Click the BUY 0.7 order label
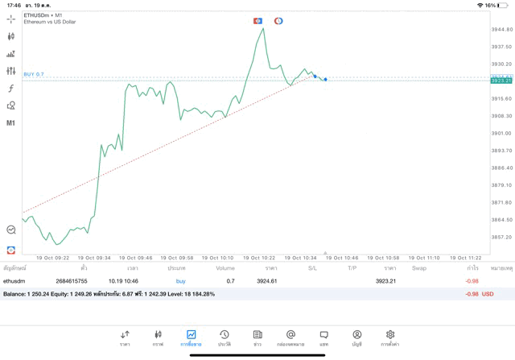click(34, 74)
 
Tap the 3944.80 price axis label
click(501, 29)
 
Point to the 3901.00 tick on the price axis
click(501, 133)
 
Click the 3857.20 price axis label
click(501, 237)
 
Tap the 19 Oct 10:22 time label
click(261, 258)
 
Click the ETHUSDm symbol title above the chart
click(42, 15)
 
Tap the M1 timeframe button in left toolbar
click(11, 123)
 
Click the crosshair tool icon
click(11, 19)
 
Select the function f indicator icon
click(11, 88)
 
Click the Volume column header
click(225, 267)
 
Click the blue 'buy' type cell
click(180, 281)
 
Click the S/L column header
click(312, 267)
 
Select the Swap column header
click(418, 267)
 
